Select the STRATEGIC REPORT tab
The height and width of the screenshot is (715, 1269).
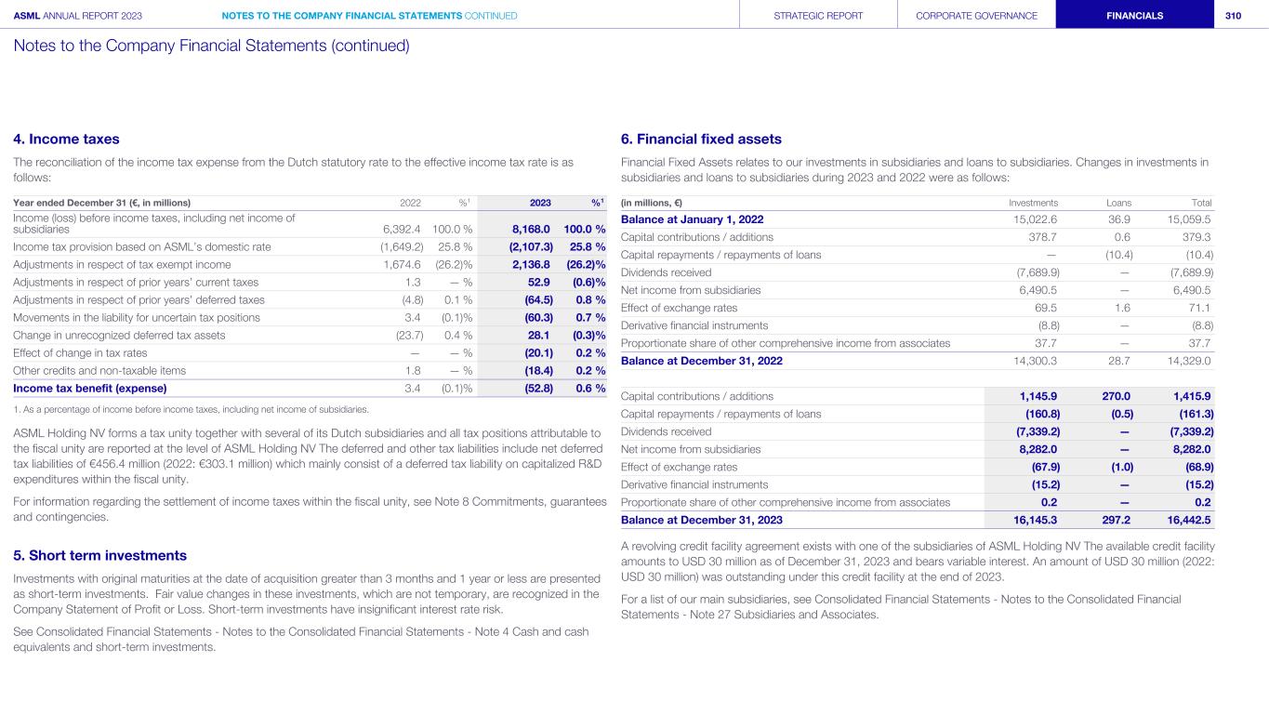coord(818,15)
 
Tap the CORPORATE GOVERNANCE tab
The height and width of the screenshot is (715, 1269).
coord(976,15)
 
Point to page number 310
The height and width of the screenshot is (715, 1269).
coord(1233,15)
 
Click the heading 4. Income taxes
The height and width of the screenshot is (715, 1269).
coord(66,139)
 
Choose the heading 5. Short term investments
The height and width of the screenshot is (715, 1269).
coord(99,555)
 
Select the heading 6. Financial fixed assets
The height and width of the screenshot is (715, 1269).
coord(701,139)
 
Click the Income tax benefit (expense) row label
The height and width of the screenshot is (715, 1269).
coord(90,388)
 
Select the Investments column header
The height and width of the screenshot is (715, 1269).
coord(1033,203)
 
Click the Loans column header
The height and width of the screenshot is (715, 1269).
coord(1118,203)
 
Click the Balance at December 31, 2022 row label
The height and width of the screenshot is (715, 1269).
coord(701,361)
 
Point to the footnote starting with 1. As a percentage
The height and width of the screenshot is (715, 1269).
coord(191,409)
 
